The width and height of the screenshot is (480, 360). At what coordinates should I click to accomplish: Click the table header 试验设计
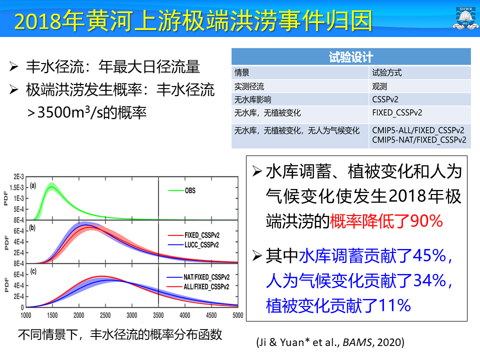pos(350,57)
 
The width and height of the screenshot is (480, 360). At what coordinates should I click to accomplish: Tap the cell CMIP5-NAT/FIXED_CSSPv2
pos(419,140)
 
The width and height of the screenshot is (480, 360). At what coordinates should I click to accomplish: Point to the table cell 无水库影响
pos(253,99)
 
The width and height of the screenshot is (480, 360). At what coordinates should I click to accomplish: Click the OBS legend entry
pos(189,190)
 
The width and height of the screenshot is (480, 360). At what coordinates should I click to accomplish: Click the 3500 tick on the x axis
pos(158,316)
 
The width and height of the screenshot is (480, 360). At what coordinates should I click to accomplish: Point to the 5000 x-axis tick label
pos(237,316)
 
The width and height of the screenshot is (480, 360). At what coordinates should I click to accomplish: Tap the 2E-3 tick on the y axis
pos(18,177)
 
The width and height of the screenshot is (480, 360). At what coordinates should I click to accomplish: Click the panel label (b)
pos(33,228)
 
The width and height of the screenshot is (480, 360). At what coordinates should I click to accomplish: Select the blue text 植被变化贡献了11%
pos(338,304)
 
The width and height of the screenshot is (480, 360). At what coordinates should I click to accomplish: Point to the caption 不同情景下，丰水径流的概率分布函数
pos(120,334)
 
